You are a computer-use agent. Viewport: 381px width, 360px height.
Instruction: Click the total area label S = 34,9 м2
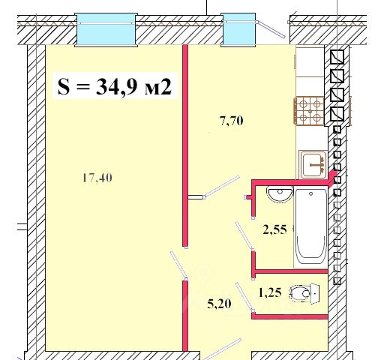[115, 86]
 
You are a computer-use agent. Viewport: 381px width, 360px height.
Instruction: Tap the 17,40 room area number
[97, 178]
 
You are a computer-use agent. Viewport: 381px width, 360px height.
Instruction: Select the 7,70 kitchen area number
[231, 121]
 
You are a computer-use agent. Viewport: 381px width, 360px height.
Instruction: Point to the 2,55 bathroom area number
[274, 229]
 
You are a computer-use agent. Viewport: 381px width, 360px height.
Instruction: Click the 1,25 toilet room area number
[270, 292]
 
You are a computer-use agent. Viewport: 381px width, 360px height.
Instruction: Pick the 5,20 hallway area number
[219, 304]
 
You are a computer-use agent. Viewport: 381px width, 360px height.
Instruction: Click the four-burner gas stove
[309, 111]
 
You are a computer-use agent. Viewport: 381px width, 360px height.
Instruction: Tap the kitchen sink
[313, 165]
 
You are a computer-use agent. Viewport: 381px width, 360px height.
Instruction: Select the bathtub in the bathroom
[311, 228]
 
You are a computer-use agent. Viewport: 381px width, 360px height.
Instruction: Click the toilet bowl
[304, 293]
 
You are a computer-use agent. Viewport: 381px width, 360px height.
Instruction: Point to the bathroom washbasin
[280, 193]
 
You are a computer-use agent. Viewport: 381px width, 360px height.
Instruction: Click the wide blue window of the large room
[106, 29]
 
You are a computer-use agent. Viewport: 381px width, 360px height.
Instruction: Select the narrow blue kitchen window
[238, 29]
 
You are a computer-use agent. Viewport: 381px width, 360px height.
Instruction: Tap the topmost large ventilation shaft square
[337, 57]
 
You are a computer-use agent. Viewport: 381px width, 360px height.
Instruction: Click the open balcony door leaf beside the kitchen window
[271, 29]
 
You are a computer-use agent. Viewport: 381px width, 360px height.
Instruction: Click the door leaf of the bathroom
[244, 235]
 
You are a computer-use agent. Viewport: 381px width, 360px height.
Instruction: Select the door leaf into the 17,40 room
[178, 265]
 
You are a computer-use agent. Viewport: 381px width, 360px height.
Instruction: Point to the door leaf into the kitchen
[221, 187]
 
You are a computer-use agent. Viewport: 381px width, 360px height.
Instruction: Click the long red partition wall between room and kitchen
[185, 145]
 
